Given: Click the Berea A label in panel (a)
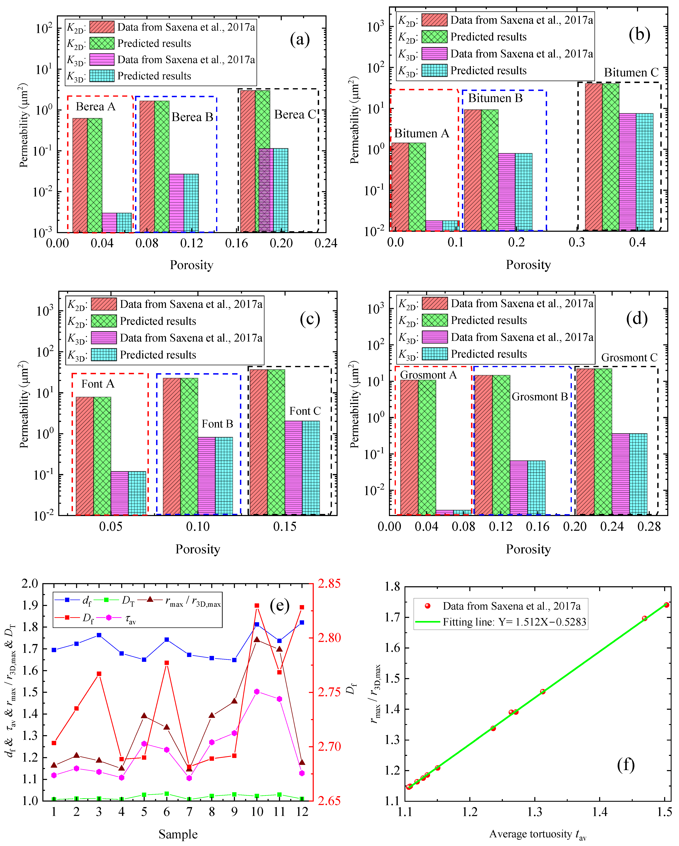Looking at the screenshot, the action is [96, 107].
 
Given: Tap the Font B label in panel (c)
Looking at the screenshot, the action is [217, 424].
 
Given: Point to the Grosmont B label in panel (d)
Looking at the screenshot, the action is [540, 397].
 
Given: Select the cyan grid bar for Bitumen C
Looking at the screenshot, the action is [644, 172].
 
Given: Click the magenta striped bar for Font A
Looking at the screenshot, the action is [120, 493].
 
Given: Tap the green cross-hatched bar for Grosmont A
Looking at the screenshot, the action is [427, 447].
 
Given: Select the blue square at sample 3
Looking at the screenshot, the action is [99, 635].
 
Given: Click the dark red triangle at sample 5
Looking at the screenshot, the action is [144, 716].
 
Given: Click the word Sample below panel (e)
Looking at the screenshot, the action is [178, 834].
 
